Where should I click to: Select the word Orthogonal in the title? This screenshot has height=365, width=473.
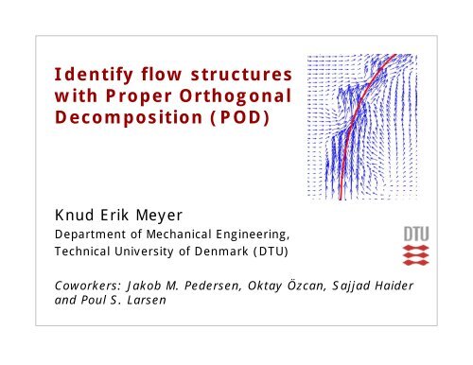coord(243,96)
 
